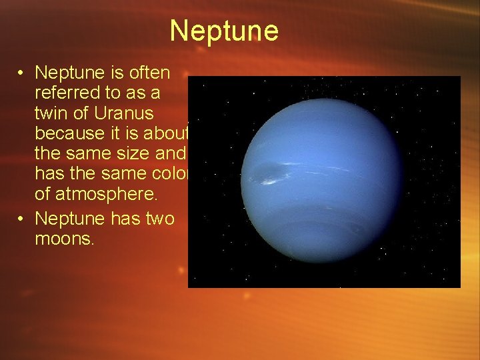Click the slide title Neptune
pyautogui.click(x=224, y=31)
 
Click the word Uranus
pyautogui.click(x=119, y=113)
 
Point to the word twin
pyautogui.click(x=51, y=113)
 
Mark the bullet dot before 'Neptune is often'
pyautogui.click(x=22, y=72)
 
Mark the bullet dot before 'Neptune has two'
pyautogui.click(x=22, y=219)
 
